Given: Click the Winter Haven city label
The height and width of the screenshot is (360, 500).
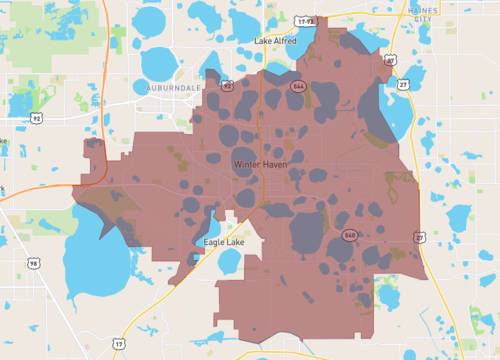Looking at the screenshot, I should pyautogui.click(x=258, y=163).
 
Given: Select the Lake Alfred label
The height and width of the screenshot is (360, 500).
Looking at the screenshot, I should pyautogui.click(x=275, y=41).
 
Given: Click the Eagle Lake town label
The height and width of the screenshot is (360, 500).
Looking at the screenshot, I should pyautogui.click(x=221, y=241).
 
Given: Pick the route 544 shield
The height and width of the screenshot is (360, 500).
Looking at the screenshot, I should pyautogui.click(x=298, y=87).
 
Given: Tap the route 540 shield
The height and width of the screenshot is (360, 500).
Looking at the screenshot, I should pyautogui.click(x=349, y=236).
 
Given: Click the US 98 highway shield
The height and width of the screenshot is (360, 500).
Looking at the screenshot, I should pyautogui.click(x=34, y=264).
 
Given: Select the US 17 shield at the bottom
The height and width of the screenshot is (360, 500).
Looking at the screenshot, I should pyautogui.click(x=119, y=344).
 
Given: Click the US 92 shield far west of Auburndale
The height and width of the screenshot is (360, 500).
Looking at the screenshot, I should pyautogui.click(x=37, y=117).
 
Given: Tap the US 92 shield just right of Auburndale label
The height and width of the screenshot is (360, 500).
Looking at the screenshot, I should pyautogui.click(x=227, y=87).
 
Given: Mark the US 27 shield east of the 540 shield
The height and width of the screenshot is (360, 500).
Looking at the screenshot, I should pyautogui.click(x=419, y=237).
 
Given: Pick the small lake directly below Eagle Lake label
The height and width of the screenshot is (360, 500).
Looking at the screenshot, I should pyautogui.click(x=229, y=262).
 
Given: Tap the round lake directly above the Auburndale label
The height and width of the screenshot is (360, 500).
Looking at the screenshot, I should pyautogui.click(x=160, y=62).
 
